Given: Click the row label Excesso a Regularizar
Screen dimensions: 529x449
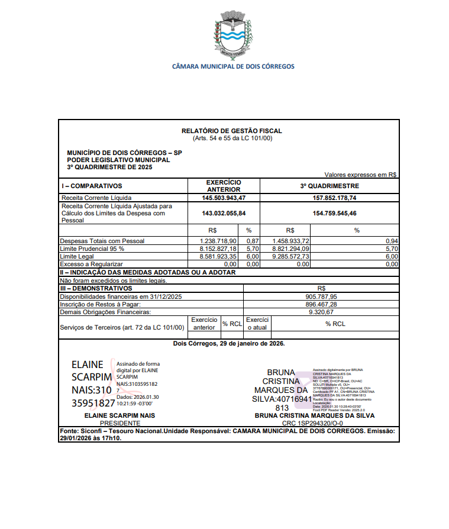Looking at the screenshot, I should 91,264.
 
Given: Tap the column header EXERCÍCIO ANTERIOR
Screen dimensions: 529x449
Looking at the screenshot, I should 224,186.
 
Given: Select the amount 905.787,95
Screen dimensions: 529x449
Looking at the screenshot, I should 322,296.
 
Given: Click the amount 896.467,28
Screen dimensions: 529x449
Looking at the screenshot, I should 322,304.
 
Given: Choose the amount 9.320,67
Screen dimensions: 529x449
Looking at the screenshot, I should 322,311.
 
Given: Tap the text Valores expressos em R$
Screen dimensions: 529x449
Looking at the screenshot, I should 361,175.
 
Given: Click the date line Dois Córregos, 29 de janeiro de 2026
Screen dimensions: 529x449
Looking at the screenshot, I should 229,343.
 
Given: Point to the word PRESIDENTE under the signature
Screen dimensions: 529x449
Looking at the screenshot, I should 120,423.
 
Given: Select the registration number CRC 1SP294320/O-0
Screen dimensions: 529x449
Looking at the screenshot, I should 314,423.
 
